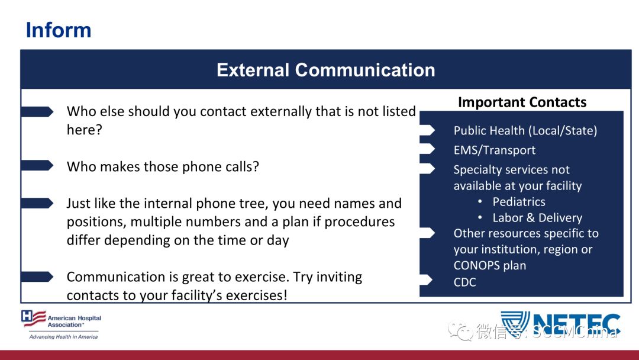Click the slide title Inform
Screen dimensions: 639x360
click(x=59, y=30)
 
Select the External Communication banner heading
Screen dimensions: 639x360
click(x=326, y=70)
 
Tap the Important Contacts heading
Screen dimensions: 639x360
click(x=522, y=102)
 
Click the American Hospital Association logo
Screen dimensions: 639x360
click(x=61, y=324)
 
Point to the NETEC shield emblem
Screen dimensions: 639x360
click(x=515, y=323)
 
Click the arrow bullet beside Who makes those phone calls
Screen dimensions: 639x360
click(x=37, y=166)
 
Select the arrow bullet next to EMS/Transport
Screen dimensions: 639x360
click(x=428, y=149)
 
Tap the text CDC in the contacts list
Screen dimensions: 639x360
click(x=464, y=282)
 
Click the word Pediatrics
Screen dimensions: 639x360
click(x=519, y=202)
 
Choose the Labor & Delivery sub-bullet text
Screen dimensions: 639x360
click(x=537, y=218)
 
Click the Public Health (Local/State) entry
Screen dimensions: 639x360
click(x=525, y=130)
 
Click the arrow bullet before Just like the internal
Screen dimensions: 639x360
click(x=37, y=203)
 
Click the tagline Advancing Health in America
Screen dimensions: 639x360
click(x=63, y=337)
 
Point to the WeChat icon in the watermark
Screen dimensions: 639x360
click(x=460, y=330)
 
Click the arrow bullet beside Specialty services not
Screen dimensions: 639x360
click(x=428, y=168)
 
